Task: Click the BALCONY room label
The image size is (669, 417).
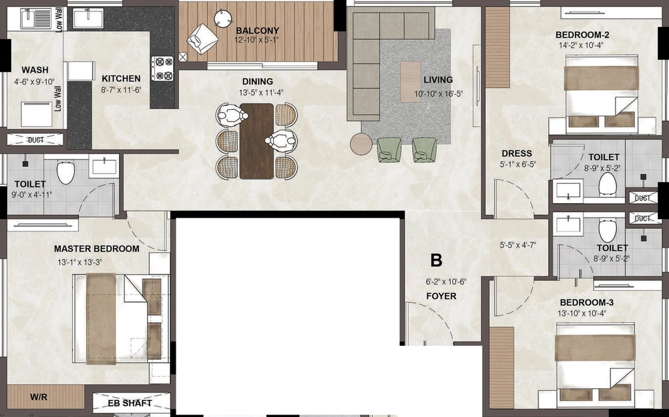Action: pyautogui.click(x=257, y=31)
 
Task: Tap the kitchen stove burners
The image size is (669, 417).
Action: pyautogui.click(x=163, y=69)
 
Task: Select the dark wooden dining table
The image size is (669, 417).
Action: pyautogui.click(x=256, y=141)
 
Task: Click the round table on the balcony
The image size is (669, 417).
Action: pyautogui.click(x=223, y=18)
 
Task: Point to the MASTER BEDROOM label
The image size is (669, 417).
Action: pyautogui.click(x=97, y=249)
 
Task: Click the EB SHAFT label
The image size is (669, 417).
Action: pyautogui.click(x=130, y=403)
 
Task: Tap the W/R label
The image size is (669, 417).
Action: pyautogui.click(x=39, y=397)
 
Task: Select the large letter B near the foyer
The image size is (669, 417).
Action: pyautogui.click(x=436, y=260)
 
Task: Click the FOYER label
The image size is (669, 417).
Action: pyautogui.click(x=441, y=296)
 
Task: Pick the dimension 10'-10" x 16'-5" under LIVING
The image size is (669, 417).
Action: pyautogui.click(x=438, y=94)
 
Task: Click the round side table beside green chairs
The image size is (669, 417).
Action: pyautogui.click(x=361, y=144)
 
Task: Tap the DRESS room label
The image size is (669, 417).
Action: pyautogui.click(x=517, y=154)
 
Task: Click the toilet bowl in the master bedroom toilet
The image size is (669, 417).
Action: pyautogui.click(x=66, y=172)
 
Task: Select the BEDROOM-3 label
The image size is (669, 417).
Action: pyautogui.click(x=587, y=303)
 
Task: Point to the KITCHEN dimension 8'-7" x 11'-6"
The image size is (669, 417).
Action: pyautogui.click(x=121, y=90)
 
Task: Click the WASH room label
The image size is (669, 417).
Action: pyautogui.click(x=35, y=70)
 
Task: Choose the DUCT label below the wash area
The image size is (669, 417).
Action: pyautogui.click(x=35, y=140)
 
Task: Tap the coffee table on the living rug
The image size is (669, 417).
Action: pyautogui.click(x=410, y=82)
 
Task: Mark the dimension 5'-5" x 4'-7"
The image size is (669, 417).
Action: pyautogui.click(x=518, y=245)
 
